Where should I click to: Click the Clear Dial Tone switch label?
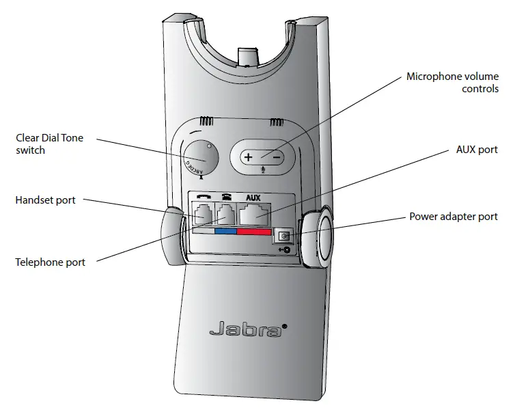[x=49, y=143]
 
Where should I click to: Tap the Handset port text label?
[x=45, y=200]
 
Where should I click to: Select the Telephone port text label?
[x=50, y=262]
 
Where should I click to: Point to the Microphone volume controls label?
[x=452, y=83]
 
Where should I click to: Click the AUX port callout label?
[x=476, y=150]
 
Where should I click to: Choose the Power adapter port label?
[x=454, y=217]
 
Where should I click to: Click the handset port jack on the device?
[x=203, y=215]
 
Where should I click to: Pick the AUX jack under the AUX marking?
[x=254, y=215]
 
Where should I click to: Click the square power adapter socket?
[x=282, y=236]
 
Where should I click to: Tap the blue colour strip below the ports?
[x=225, y=231]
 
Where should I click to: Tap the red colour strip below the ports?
[x=254, y=232]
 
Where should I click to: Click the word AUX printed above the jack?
[x=253, y=197]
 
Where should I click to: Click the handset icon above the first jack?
[x=203, y=197]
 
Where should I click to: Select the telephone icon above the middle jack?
[x=225, y=197]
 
